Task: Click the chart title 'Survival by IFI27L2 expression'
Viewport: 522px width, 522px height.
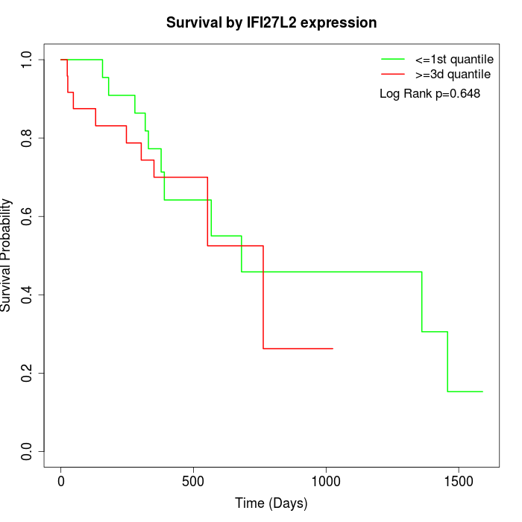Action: (271, 22)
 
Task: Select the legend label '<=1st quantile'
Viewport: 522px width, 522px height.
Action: (453, 59)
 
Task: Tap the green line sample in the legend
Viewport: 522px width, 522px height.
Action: (393, 59)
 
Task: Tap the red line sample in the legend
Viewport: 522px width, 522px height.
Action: (393, 75)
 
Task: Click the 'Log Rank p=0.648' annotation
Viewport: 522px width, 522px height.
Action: (430, 94)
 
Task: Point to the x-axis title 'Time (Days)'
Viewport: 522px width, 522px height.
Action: (271, 503)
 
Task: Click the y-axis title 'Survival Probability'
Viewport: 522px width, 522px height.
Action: (7, 254)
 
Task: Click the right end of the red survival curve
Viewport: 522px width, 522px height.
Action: (333, 348)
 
